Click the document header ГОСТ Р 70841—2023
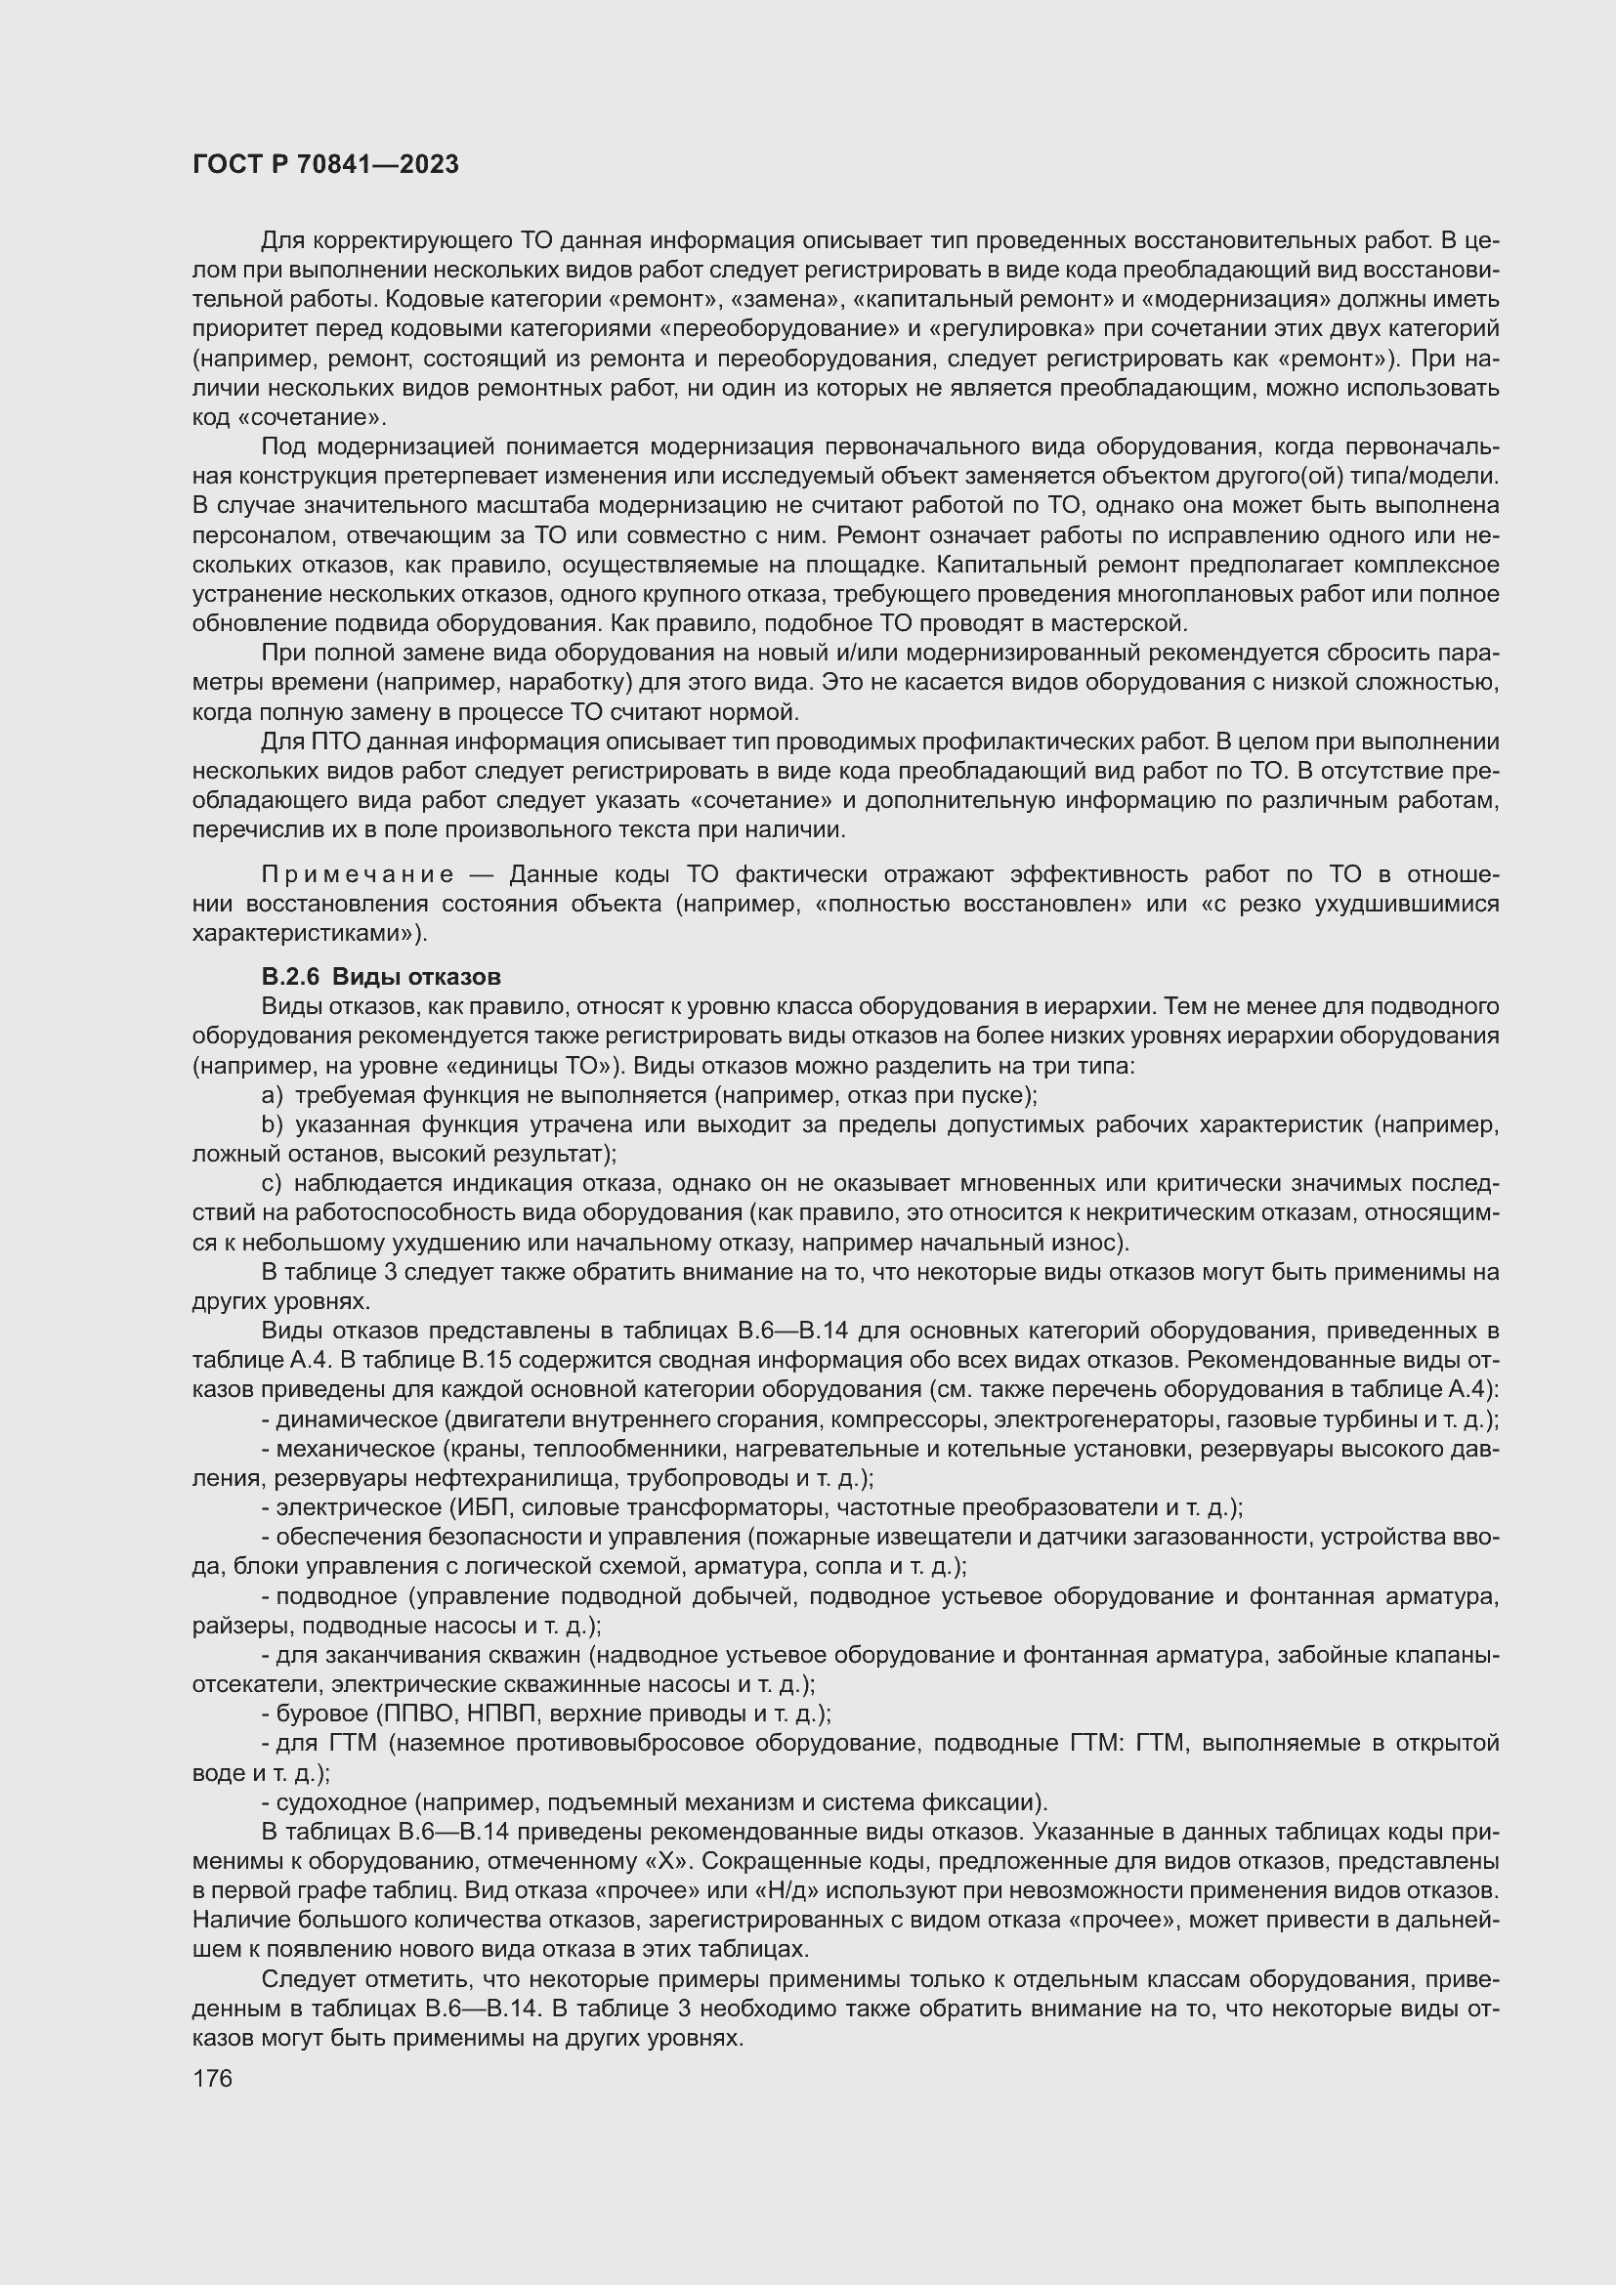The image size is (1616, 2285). [x=325, y=165]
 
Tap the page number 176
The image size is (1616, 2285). [x=212, y=2079]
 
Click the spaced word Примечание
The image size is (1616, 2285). [x=358, y=874]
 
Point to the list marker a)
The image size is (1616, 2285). [x=273, y=1096]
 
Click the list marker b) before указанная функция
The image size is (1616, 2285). [x=273, y=1124]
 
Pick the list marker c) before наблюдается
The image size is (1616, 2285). [x=273, y=1183]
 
